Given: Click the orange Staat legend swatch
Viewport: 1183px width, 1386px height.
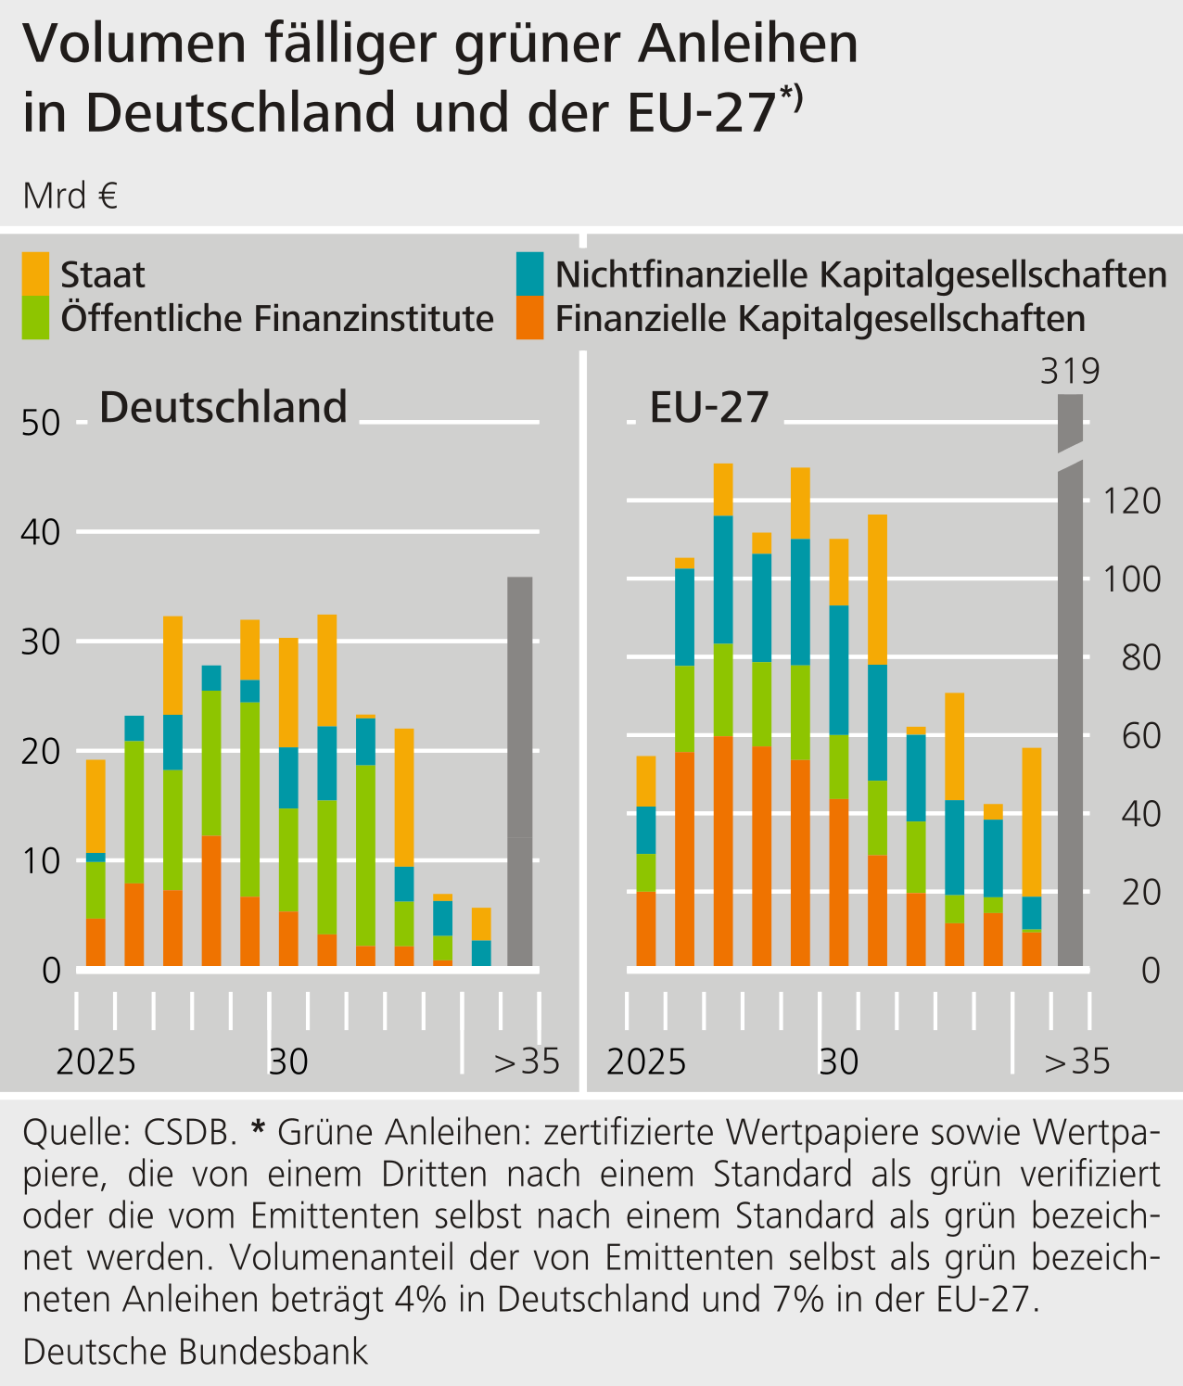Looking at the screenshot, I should point(36,273).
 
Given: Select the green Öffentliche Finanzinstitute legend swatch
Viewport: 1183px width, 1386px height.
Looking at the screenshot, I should point(36,317).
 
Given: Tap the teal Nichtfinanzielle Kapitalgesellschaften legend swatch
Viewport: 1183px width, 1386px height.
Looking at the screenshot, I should point(530,273).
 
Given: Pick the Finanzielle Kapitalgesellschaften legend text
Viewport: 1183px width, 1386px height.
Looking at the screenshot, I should point(820,318).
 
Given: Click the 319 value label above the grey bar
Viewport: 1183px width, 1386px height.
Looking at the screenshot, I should point(1070,371).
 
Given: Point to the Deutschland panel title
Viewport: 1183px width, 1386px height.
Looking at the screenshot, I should point(223,407).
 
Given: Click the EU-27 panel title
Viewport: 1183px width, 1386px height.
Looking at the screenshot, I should point(709,407).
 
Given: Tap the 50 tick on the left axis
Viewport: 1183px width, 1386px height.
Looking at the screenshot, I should point(40,424).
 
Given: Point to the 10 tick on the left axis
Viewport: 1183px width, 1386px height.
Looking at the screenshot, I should point(40,861).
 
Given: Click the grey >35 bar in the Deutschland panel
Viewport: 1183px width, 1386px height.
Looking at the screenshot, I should point(520,769).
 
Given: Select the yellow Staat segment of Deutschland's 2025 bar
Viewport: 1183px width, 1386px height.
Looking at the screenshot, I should point(95,806).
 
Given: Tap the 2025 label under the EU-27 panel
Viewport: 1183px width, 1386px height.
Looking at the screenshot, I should point(646,1062).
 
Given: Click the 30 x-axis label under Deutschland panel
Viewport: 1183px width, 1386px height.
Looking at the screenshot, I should point(288,1062).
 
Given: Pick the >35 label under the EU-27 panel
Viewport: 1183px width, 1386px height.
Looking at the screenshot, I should point(1076,1062).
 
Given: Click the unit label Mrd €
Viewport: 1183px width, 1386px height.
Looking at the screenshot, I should point(70,197).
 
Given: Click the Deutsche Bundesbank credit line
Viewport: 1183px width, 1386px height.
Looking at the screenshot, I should point(196,1351).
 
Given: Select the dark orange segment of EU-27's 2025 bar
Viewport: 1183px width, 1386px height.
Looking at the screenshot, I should point(645,928).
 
